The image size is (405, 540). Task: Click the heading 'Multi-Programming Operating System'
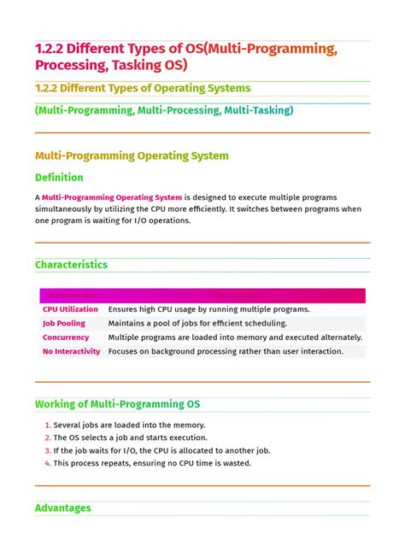(132, 156)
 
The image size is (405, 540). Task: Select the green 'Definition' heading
(59, 178)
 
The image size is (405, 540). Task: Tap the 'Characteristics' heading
(71, 265)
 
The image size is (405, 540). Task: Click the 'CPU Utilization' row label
(70, 309)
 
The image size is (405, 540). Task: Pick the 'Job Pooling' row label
(64, 323)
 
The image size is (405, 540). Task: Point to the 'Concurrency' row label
(66, 337)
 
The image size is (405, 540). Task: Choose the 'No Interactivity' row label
(71, 351)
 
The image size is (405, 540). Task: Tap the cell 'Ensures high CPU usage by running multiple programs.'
(208, 309)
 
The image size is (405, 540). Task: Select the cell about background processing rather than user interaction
(226, 351)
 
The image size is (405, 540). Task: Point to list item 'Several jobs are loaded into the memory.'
(129, 425)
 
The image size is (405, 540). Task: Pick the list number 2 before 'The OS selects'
(48, 437)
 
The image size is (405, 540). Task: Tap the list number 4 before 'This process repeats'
(48, 463)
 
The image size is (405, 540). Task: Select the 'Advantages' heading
(62, 508)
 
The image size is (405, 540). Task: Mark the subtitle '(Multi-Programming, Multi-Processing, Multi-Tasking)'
(164, 110)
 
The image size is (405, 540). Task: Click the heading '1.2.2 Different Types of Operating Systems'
(143, 88)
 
